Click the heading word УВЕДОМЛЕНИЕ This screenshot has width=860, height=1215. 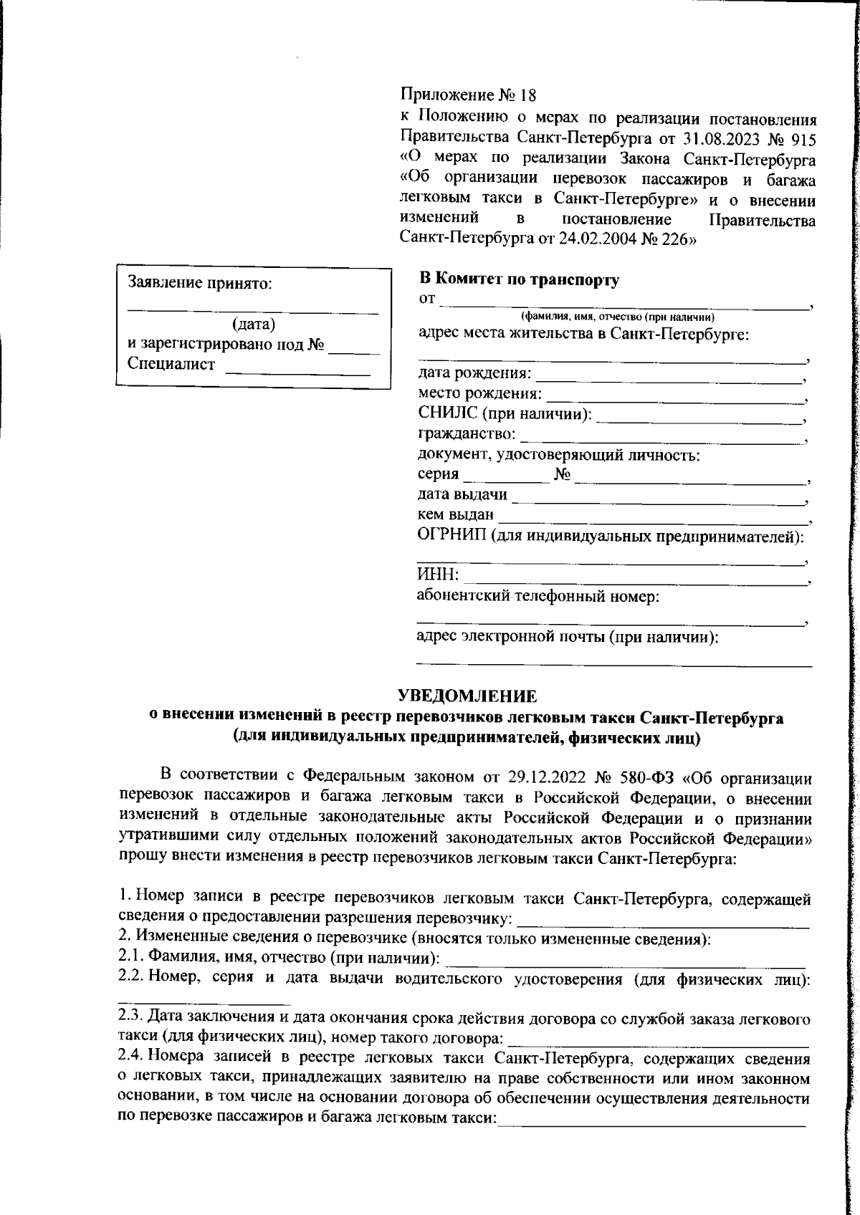tap(467, 696)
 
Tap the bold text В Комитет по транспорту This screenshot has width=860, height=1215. tap(519, 280)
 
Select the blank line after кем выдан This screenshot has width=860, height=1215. tap(652, 520)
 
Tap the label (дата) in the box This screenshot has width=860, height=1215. tap(254, 324)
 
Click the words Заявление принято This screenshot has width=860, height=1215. tap(200, 283)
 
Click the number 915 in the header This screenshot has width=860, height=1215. tap(803, 137)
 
